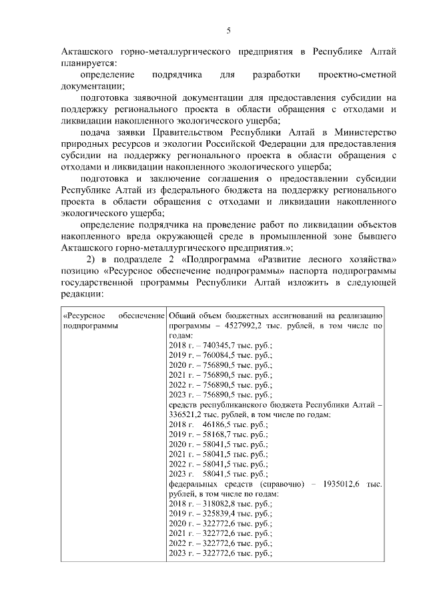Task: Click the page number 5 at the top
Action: tap(229, 30)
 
